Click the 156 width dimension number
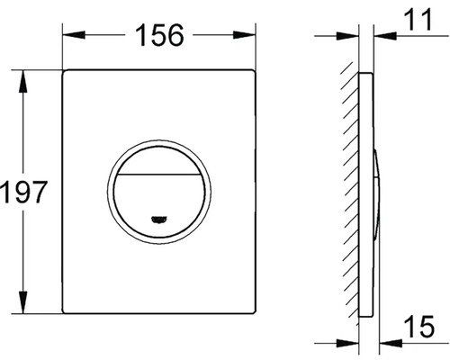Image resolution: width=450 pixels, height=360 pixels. coord(159,35)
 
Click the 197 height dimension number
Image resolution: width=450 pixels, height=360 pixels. coord(23,192)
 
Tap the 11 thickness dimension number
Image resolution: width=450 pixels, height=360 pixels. coord(418,19)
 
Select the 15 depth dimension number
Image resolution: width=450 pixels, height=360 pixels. coord(419,326)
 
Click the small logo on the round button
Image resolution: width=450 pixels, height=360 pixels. coord(159,220)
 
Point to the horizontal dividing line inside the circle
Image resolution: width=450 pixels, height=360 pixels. coord(159,174)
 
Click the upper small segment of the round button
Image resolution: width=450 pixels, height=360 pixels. coord(159,160)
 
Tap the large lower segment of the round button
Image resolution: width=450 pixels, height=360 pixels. coord(159,204)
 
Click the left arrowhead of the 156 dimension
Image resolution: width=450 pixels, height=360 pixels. coord(74,34)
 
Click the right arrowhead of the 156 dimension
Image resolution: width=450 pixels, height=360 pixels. coord(245,34)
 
